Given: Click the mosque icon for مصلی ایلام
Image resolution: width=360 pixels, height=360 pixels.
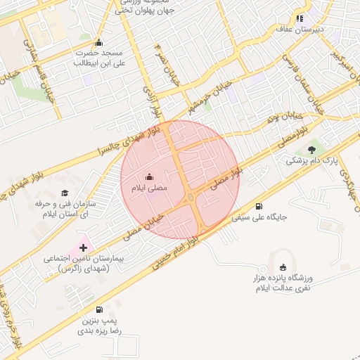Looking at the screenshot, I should [149, 177].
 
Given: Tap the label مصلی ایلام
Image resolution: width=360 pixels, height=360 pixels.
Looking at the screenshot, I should [148, 188].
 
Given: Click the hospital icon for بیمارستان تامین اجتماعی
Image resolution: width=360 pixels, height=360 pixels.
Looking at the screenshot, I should [84, 247].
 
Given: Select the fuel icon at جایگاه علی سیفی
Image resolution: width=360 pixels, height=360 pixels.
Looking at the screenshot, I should [259, 206].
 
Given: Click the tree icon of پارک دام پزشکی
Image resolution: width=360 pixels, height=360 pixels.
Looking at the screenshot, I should [311, 149].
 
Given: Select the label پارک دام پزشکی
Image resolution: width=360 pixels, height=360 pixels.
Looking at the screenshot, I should [311, 161].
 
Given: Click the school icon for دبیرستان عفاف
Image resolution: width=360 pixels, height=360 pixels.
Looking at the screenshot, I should [300, 19].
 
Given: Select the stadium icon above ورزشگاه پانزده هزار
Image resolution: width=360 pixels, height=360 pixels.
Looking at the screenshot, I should [283, 266].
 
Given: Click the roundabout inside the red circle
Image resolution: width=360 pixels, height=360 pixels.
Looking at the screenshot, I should [191, 198].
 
